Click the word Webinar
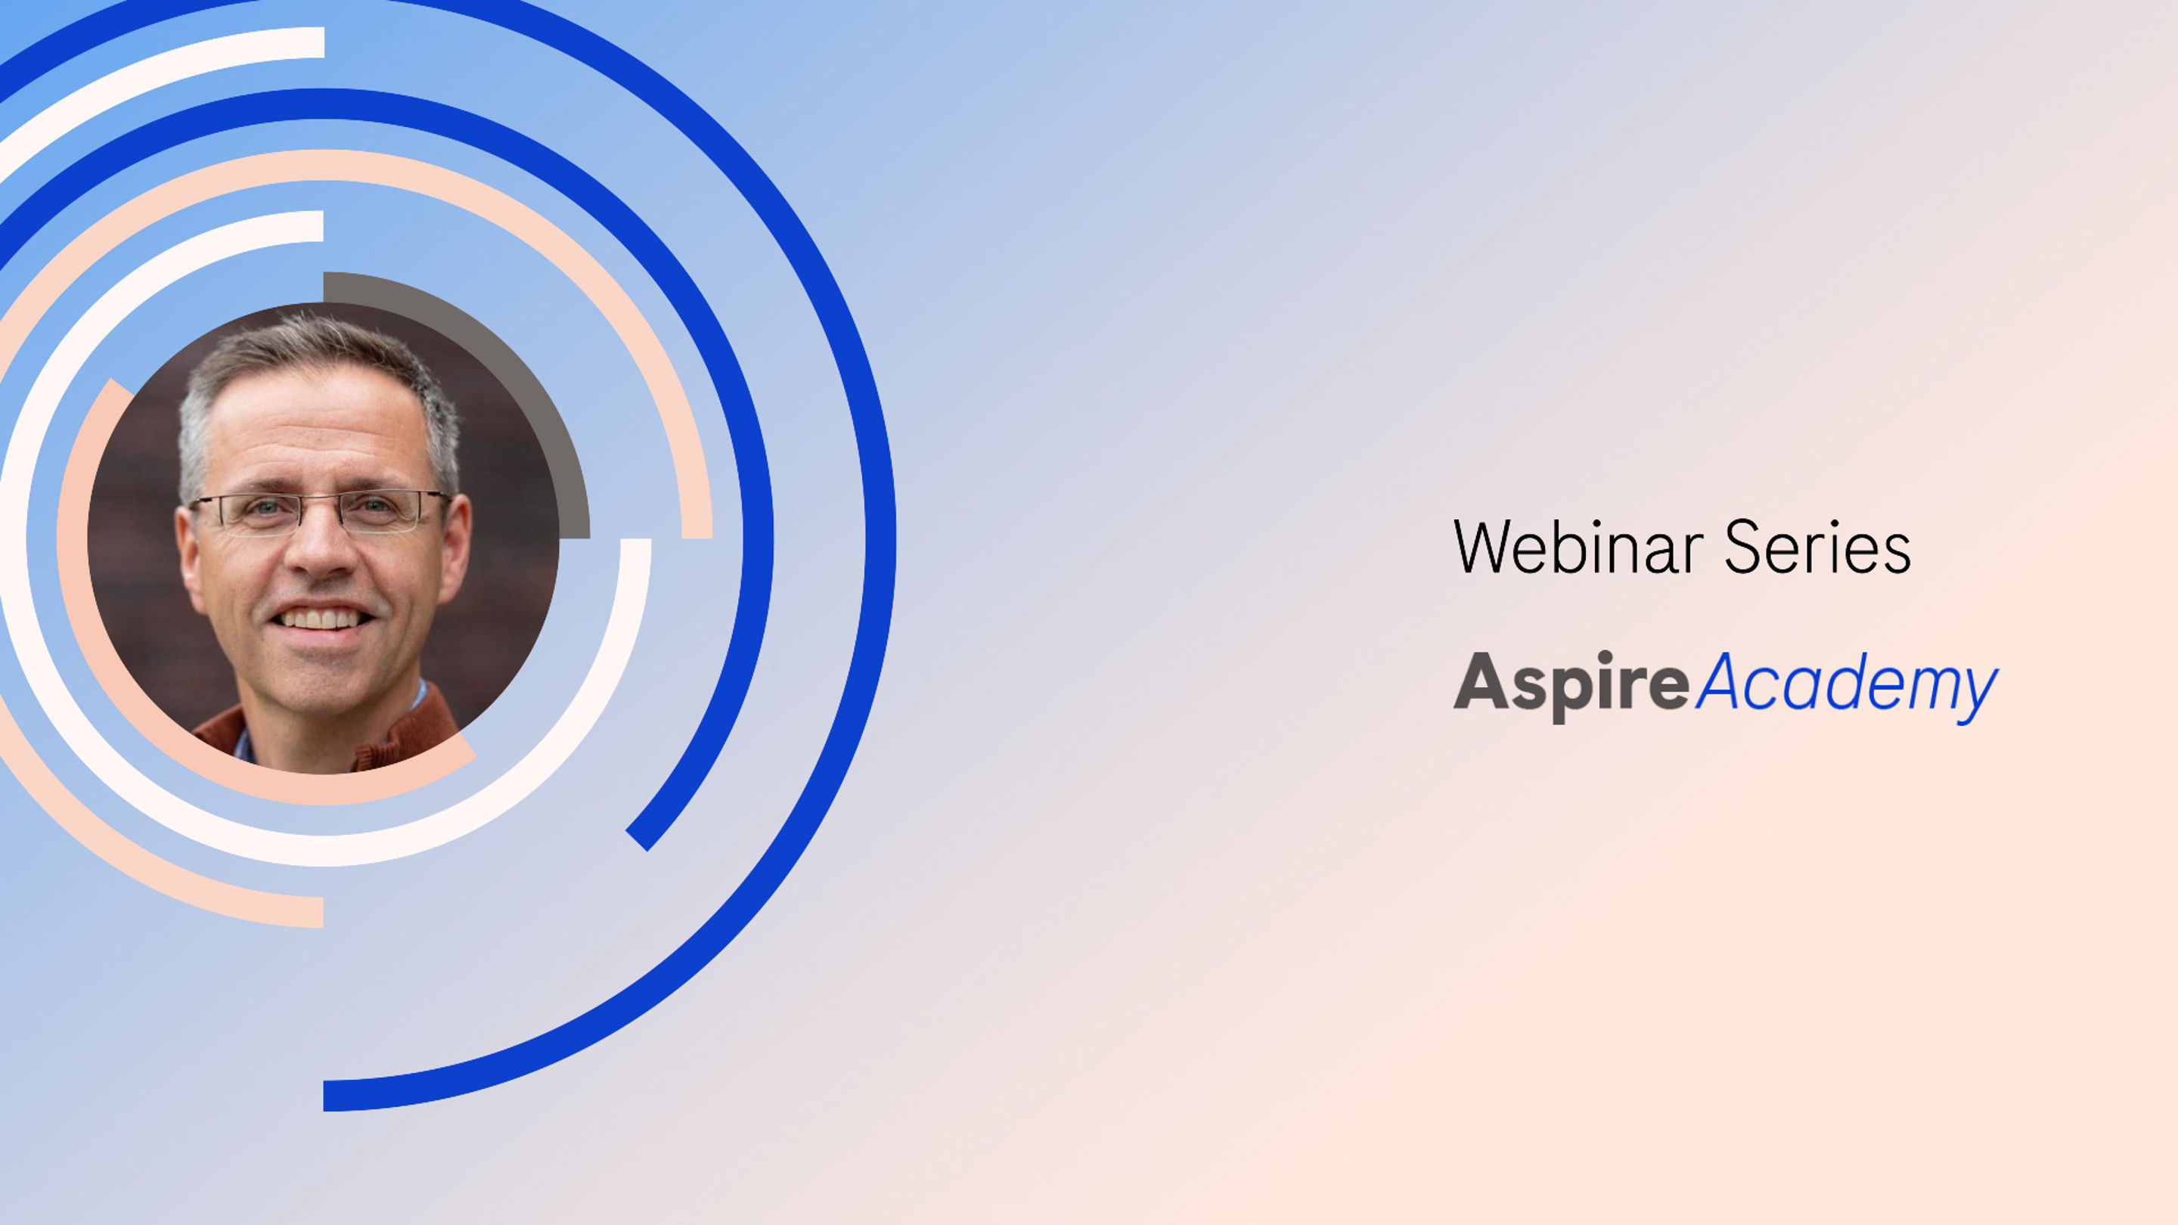1578,547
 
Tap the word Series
1818,547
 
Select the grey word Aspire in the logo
1571,685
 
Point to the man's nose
321,550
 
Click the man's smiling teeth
321,620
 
